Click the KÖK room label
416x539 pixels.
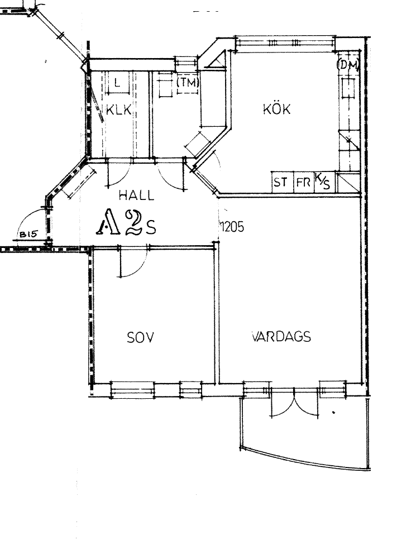click(276, 109)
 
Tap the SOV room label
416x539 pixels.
click(140, 337)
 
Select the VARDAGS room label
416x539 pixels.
click(281, 337)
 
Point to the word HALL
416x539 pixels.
click(136, 195)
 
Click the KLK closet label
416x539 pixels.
click(118, 111)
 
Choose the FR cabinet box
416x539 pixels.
click(303, 183)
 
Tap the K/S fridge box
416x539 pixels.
click(322, 181)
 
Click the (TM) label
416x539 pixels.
click(188, 83)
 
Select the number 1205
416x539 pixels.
click(232, 227)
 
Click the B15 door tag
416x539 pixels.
click(27, 235)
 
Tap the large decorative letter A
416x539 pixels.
click(109, 223)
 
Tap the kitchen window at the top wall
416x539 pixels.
click(285, 44)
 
